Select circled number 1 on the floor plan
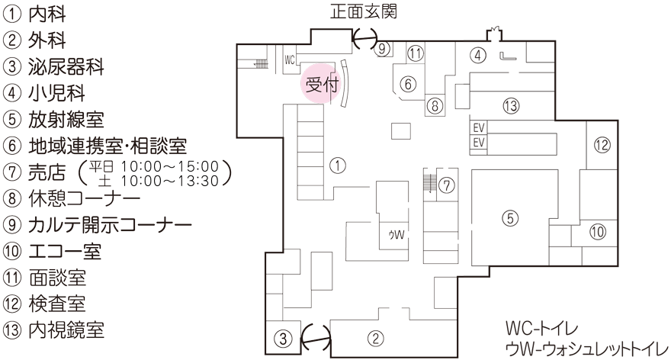(337, 163)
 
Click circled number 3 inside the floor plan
(282, 336)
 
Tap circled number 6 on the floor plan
(409, 82)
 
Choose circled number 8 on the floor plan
(434, 105)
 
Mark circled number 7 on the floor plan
(447, 185)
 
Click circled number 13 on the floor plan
(511, 104)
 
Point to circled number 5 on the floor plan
(511, 217)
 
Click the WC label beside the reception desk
(289, 59)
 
